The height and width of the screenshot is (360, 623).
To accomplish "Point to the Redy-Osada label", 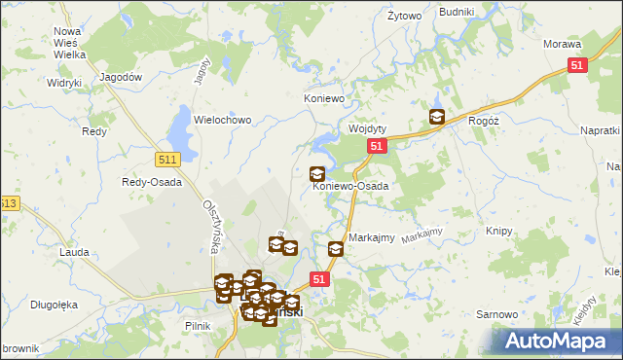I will (x=146, y=181).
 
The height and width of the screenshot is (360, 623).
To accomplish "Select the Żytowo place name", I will (x=404, y=17).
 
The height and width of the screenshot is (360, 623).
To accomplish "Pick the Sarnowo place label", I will (x=495, y=315).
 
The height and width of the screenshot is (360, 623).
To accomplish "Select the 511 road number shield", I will (x=166, y=158).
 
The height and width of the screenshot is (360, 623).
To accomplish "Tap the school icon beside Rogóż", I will (x=437, y=118).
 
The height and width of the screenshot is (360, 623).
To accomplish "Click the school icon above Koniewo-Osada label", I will (x=317, y=174).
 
